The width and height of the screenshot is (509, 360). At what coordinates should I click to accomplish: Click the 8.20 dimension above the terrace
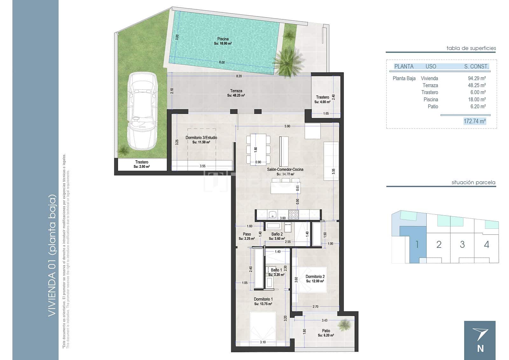tap(239, 76)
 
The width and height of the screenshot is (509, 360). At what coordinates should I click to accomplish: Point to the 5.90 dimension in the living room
tap(287, 126)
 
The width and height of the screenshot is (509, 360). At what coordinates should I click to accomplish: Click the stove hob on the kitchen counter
tap(293, 215)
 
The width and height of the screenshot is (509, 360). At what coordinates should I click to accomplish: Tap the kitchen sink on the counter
tap(273, 215)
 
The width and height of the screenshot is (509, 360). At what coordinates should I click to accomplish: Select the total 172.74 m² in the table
tap(475, 121)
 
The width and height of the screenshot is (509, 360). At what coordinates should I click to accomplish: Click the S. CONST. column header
tap(476, 66)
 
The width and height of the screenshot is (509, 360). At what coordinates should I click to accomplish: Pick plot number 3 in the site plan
tap(462, 244)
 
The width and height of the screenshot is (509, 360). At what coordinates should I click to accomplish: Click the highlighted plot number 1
tap(417, 244)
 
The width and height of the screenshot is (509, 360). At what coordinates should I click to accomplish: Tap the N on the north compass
tap(480, 348)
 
